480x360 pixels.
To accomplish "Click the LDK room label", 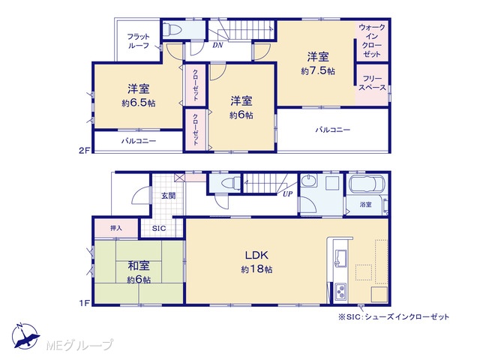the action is tap(256, 255).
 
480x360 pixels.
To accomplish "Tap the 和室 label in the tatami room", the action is tap(139, 265).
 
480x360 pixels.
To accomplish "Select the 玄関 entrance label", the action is tap(168, 196).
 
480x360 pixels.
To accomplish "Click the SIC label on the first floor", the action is tap(159, 228).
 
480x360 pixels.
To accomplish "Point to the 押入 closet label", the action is tap(116, 228).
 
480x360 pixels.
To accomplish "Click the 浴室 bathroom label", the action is tap(365, 205).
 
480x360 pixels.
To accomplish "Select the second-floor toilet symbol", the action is tap(172, 30).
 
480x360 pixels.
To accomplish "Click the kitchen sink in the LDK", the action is tap(340, 257).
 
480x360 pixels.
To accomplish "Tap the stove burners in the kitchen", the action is tap(340, 292).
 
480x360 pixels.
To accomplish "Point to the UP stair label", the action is tap(287, 193).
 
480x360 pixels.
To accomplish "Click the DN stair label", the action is tap(217, 45).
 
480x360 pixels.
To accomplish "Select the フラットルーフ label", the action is tap(138, 41).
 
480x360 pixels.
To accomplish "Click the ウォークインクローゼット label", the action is tap(372, 40).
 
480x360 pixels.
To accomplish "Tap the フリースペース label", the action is tap(372, 83).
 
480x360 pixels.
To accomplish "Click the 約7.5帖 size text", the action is tap(318, 71).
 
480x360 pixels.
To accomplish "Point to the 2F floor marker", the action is tap(84, 150).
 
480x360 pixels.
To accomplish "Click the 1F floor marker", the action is tap(84, 303).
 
